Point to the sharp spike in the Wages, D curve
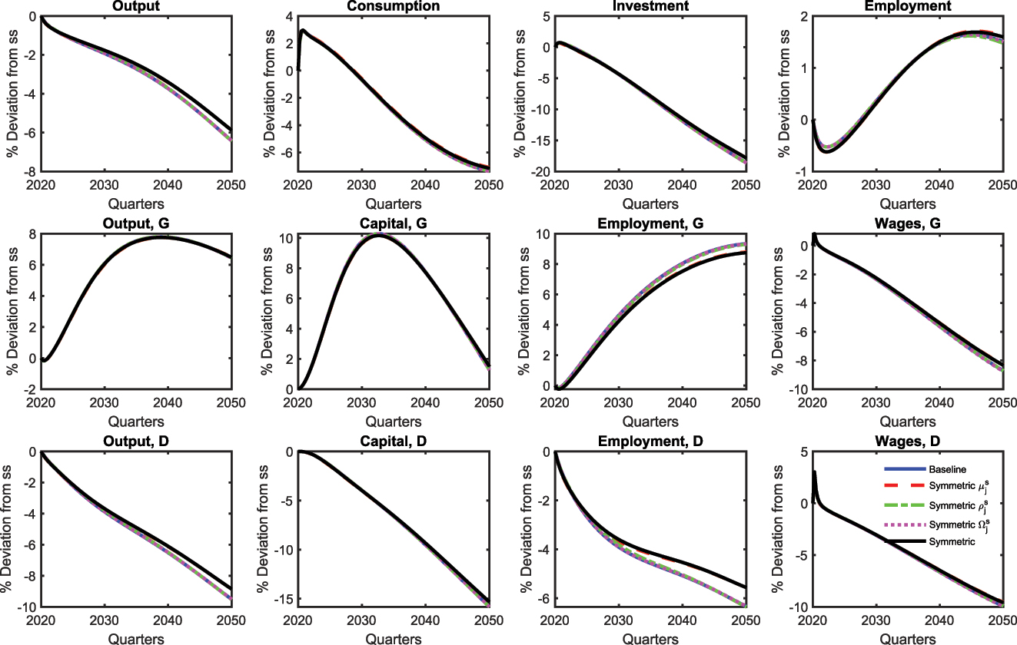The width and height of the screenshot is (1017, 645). (x=814, y=472)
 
